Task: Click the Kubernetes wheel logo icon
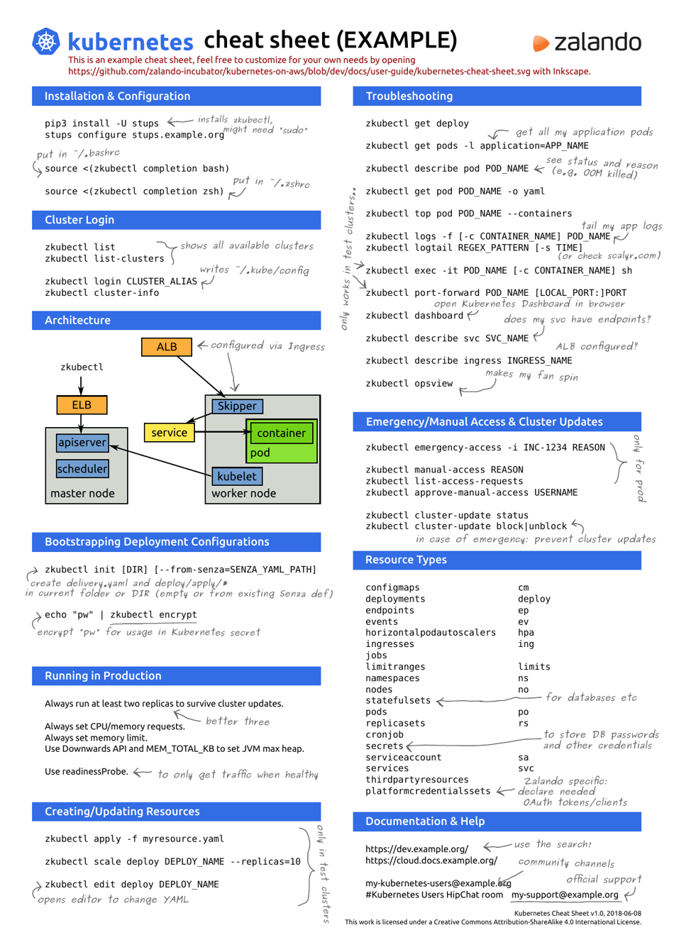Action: [46, 41]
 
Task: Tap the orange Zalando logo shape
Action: [541, 43]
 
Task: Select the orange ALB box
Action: [167, 347]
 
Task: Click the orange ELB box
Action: [82, 404]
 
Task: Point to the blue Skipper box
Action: [237, 406]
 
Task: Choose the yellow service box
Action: [169, 433]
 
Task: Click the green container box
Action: [282, 433]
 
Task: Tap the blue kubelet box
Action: [237, 477]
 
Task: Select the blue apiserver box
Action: [82, 443]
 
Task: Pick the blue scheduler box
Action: [82, 469]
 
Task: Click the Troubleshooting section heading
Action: [409, 96]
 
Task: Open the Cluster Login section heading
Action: [79, 220]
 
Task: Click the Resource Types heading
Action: [406, 560]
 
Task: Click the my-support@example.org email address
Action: [565, 895]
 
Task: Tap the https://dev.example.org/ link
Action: [416, 848]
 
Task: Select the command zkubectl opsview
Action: [409, 383]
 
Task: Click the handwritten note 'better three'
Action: [238, 721]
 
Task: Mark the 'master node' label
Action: [82, 494]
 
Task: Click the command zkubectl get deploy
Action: [417, 123]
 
